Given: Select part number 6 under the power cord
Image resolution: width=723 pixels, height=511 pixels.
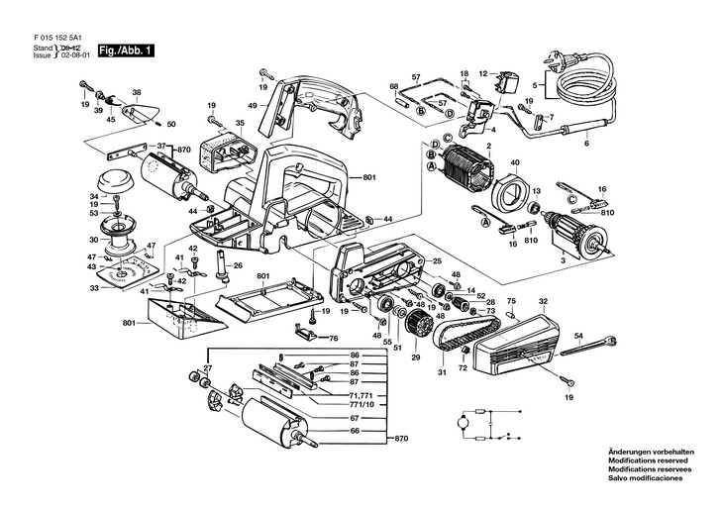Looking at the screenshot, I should pos(585,145).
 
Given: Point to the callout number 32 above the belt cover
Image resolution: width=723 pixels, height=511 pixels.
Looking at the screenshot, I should pos(542,301).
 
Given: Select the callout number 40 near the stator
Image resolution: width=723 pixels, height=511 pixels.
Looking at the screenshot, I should pos(515,162).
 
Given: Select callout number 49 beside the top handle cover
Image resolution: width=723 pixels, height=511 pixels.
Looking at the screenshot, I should pos(253,105).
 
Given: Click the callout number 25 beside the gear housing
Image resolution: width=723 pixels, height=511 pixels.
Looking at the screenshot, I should pos(437,260).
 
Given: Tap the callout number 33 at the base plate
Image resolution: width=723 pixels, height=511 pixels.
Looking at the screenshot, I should pos(95,288).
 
